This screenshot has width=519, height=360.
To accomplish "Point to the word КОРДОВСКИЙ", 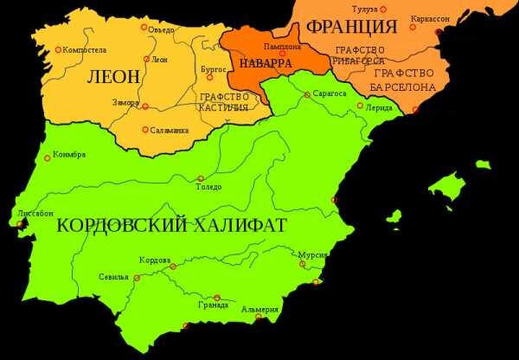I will tap(122, 226).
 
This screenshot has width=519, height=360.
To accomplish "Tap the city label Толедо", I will tap(208, 187).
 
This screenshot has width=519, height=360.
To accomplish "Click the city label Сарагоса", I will tap(330, 92).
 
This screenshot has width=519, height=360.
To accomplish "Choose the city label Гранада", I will tap(212, 305).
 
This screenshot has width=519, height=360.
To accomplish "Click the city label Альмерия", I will tap(260, 310).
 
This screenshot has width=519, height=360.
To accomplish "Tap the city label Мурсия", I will tap(311, 255).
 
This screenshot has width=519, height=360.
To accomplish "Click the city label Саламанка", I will tap(169, 130).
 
